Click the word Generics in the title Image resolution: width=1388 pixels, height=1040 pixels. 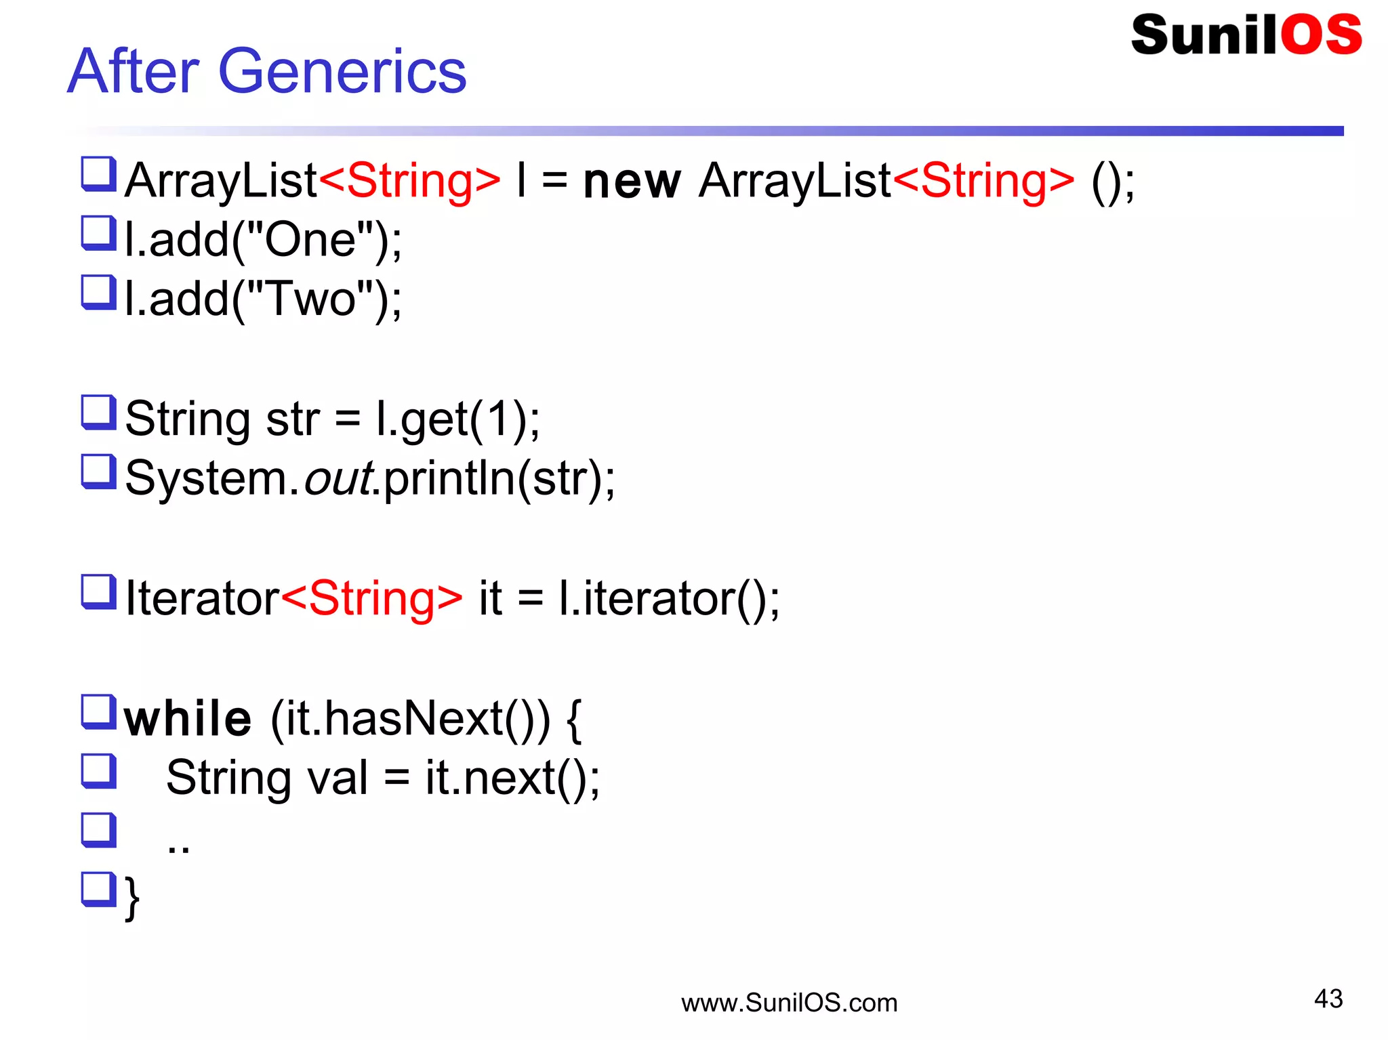point(342,72)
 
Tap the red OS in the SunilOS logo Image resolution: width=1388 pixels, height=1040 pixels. point(1320,35)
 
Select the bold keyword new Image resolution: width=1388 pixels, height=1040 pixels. point(632,182)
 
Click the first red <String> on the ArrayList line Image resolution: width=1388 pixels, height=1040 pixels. point(409,180)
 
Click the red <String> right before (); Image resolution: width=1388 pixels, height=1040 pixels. point(983,180)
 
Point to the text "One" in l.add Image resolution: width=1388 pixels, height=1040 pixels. point(310,240)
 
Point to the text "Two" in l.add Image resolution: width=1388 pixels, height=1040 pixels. point(310,299)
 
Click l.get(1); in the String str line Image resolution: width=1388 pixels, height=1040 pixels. point(458,419)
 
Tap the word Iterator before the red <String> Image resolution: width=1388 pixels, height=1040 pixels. point(202,598)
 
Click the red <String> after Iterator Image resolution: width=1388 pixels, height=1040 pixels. point(371,598)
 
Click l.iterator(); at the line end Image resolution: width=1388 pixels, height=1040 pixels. point(669,598)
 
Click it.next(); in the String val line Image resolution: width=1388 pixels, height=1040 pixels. point(512,777)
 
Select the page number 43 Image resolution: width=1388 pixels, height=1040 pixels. point(1328,999)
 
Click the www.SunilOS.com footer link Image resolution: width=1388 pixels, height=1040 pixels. point(789,1003)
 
